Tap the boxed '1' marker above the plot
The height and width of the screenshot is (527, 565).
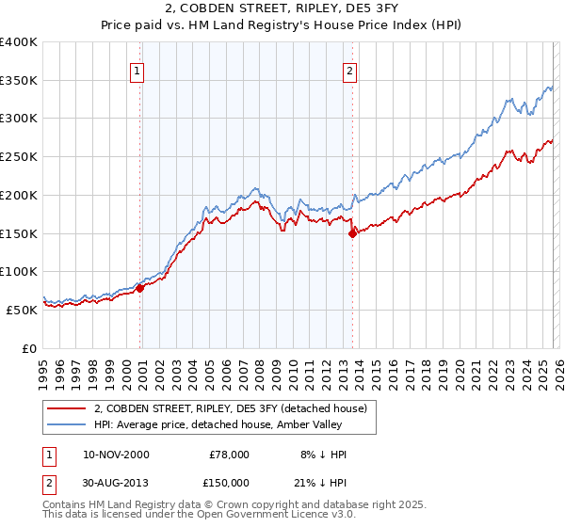pyautogui.click(x=137, y=70)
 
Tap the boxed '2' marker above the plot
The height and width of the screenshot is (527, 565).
pyautogui.click(x=349, y=70)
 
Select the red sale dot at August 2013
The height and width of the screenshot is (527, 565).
pyautogui.click(x=353, y=233)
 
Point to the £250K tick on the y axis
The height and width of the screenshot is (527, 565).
pyautogui.click(x=19, y=157)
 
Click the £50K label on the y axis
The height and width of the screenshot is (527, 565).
pyautogui.click(x=21, y=310)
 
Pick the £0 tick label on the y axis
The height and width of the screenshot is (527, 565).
pyautogui.click(x=29, y=348)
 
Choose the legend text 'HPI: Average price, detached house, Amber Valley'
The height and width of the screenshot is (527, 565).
pyautogui.click(x=235, y=424)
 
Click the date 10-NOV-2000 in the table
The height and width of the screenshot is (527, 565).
pyautogui.click(x=116, y=455)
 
